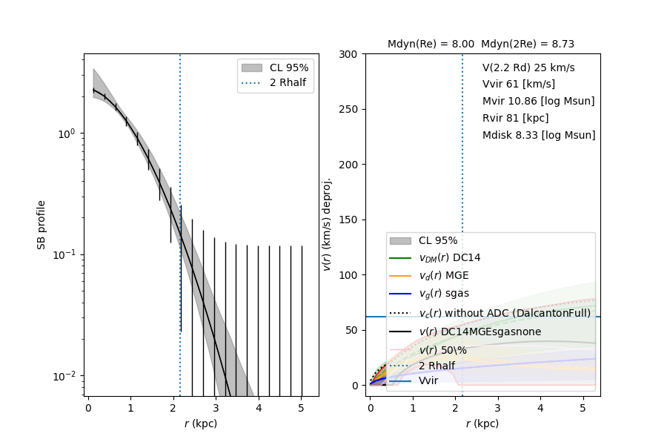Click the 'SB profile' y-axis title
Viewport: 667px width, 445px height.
tap(42, 224)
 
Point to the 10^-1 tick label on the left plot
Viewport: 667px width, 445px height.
tap(66, 254)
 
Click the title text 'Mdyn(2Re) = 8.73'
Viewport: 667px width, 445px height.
tap(528, 44)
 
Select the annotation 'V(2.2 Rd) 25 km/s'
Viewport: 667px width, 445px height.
tap(528, 67)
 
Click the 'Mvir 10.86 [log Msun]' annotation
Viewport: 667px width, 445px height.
tap(538, 101)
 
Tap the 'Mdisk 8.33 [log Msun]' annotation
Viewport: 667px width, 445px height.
tap(539, 135)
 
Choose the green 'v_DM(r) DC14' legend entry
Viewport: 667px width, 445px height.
tap(450, 257)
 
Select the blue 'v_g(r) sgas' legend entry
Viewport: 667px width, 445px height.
tap(444, 293)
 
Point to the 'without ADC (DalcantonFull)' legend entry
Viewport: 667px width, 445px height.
tap(505, 313)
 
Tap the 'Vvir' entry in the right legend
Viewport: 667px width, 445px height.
tap(428, 381)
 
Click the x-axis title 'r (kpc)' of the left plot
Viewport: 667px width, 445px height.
tap(201, 424)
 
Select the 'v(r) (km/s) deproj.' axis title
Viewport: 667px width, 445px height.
tap(326, 224)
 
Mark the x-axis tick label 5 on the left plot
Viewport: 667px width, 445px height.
tap(301, 408)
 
